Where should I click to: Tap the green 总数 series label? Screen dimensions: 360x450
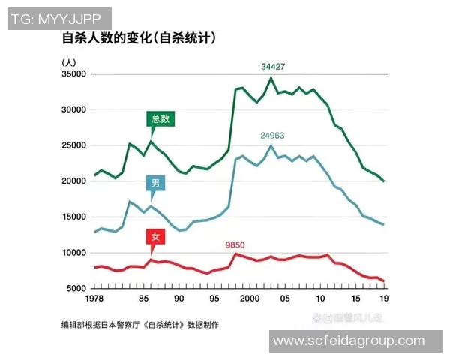pos(160,118)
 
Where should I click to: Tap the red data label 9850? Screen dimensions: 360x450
pos(235,245)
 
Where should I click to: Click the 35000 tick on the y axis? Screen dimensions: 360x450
pos(73,73)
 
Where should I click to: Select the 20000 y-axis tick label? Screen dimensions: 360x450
pos(73,181)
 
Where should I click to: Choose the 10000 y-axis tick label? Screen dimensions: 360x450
pos(73,253)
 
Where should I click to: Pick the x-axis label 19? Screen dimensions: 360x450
pos(383,299)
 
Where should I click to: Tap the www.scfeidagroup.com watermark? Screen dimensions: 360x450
pos(349,340)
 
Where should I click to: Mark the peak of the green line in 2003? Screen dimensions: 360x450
pos(271,77)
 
